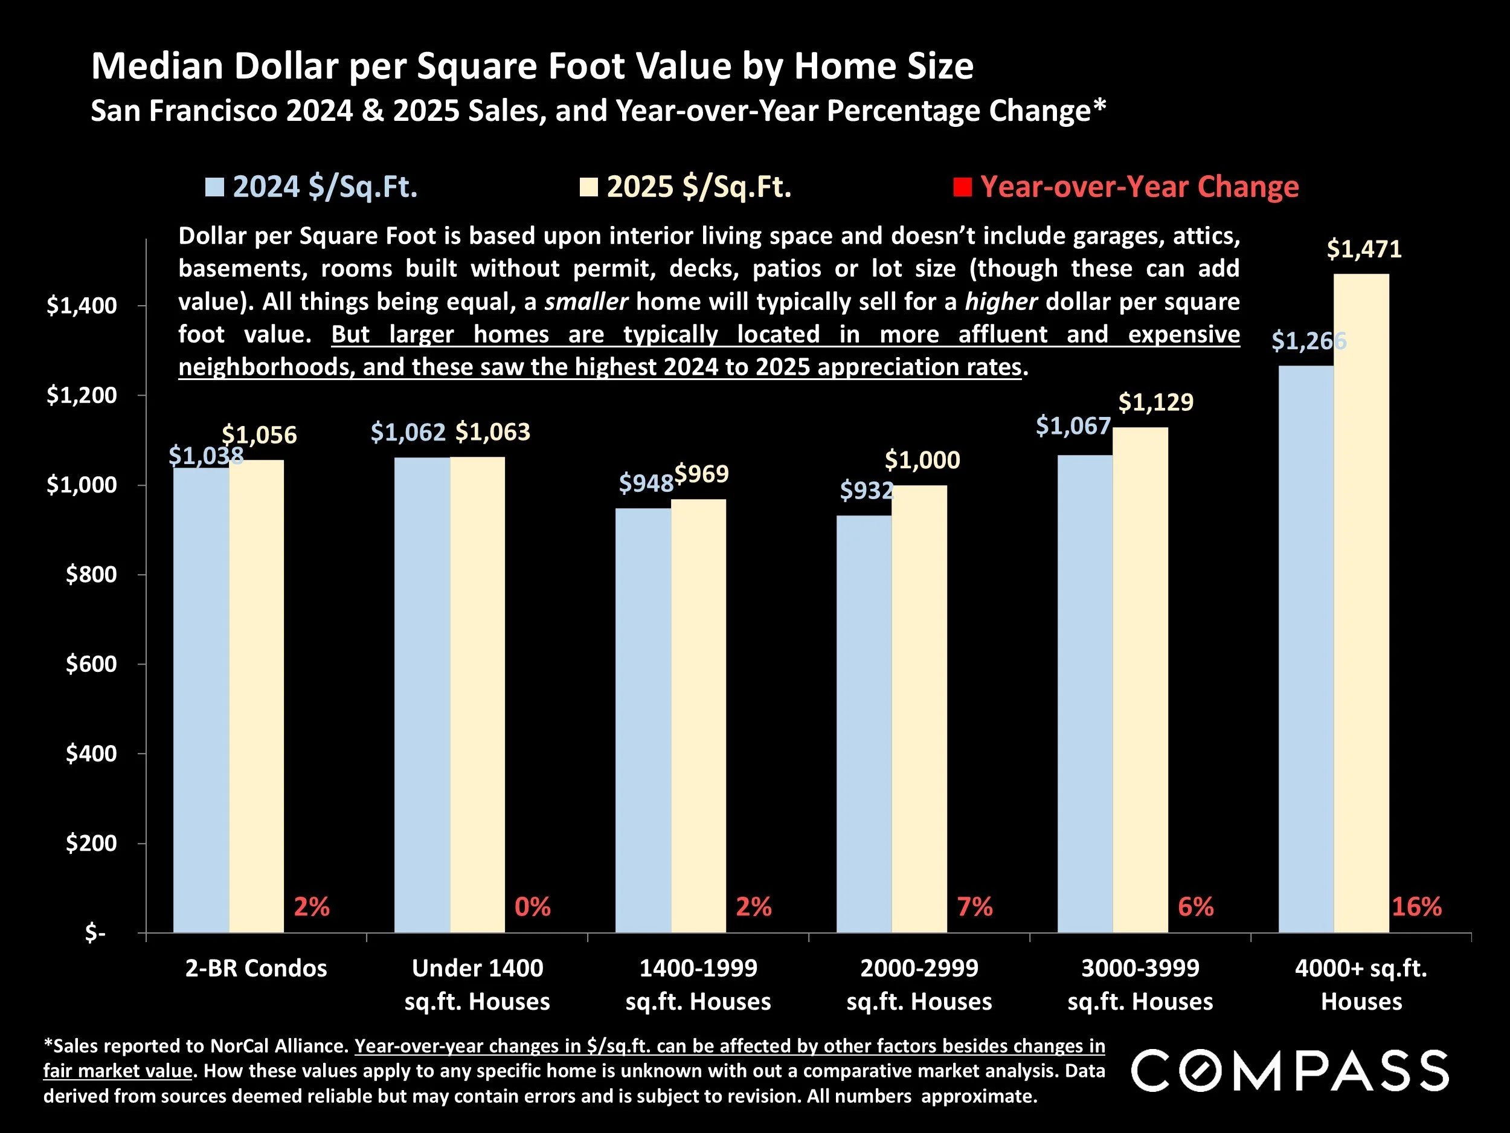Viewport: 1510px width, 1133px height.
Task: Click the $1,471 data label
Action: point(1364,250)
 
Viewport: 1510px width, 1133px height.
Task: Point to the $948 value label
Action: point(646,483)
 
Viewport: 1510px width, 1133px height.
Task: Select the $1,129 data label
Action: point(1155,402)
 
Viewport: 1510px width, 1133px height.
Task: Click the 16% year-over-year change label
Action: point(1416,907)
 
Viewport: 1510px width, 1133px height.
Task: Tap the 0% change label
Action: point(533,907)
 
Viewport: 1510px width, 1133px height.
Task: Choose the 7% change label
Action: point(975,907)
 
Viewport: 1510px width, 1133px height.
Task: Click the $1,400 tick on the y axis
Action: point(81,306)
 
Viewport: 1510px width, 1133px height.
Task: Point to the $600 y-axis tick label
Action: point(91,664)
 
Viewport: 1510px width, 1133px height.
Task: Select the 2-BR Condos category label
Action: point(256,969)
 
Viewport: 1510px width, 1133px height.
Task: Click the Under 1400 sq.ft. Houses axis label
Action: point(477,984)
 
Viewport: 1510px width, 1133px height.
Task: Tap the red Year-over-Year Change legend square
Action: point(962,187)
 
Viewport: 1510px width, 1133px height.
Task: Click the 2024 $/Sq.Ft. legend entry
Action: point(313,187)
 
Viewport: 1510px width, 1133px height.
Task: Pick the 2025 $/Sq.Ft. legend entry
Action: point(686,187)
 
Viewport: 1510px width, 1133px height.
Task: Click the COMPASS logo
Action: point(1290,1071)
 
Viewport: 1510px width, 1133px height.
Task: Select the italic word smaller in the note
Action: point(586,302)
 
